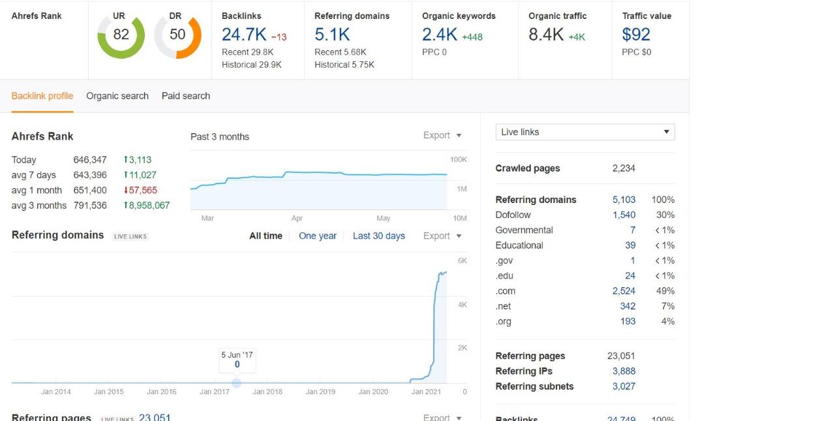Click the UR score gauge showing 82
coord(121,35)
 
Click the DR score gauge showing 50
coord(177,35)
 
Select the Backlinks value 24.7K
coord(244,35)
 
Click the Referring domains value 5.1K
coord(332,35)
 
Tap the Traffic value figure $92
coord(636,35)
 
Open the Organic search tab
coord(117,96)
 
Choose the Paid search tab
coord(186,96)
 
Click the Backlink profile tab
coord(42,96)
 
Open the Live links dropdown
coord(585,132)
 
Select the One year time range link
coord(318,236)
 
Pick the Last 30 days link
coord(378,236)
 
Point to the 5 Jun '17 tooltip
coord(237,360)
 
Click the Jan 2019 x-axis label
coord(320,392)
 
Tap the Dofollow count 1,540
coord(624,215)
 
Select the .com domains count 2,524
coord(624,291)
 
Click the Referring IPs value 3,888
coord(624,371)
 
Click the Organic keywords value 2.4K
coord(440,35)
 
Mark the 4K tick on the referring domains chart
coord(463,305)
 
